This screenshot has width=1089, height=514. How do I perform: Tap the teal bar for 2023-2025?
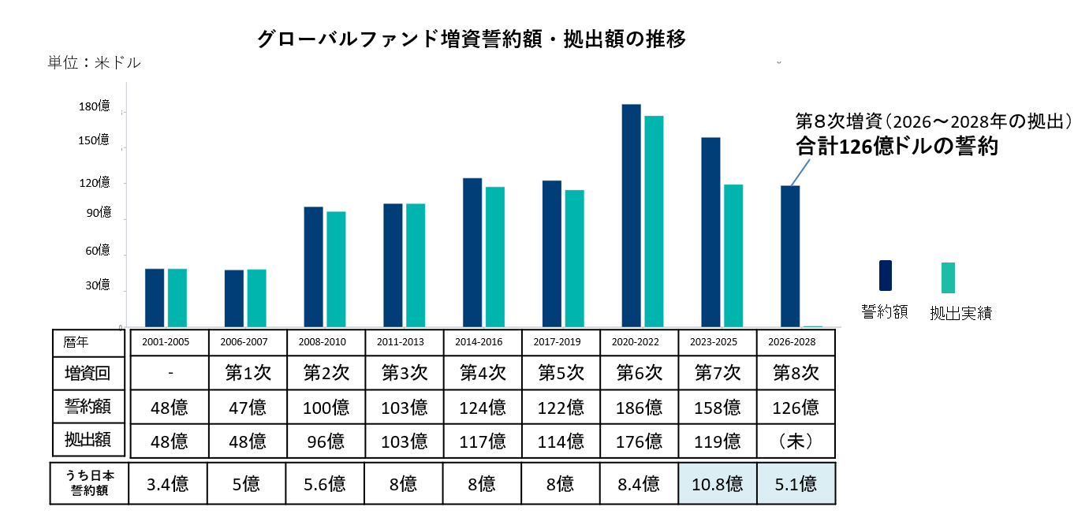point(733,255)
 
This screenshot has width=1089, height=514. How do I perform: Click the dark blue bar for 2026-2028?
point(790,255)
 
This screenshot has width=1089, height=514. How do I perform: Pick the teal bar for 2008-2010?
point(336,269)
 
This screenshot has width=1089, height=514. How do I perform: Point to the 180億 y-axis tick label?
point(94,106)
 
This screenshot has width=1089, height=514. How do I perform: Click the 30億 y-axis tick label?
point(97,285)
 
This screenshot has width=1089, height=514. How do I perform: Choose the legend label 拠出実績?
point(960,313)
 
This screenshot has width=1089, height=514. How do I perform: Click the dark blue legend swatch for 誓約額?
point(885,276)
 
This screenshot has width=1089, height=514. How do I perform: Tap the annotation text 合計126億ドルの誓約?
point(896,147)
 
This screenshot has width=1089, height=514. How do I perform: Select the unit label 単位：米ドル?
point(94,63)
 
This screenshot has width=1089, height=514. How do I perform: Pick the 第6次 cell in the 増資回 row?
point(639,373)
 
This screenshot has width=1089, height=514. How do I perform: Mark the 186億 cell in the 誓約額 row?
point(639,408)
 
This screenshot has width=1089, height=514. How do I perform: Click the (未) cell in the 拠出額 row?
point(795,441)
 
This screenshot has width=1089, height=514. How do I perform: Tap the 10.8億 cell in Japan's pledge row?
point(716,483)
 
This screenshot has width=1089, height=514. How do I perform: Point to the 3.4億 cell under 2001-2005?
point(169,483)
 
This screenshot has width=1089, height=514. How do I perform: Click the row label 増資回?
point(88,373)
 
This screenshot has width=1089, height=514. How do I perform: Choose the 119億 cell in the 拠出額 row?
point(716,441)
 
